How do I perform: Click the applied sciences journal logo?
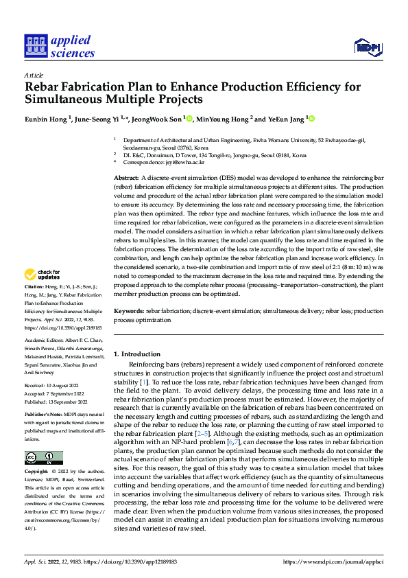[x=59, y=45]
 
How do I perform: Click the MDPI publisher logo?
[x=368, y=46]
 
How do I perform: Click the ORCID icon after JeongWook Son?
[x=189, y=119]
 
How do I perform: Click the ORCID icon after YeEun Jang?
[x=311, y=119]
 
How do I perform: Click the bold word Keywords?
[x=130, y=311]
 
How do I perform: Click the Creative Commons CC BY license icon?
[x=44, y=458]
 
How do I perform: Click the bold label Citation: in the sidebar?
[x=34, y=304]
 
